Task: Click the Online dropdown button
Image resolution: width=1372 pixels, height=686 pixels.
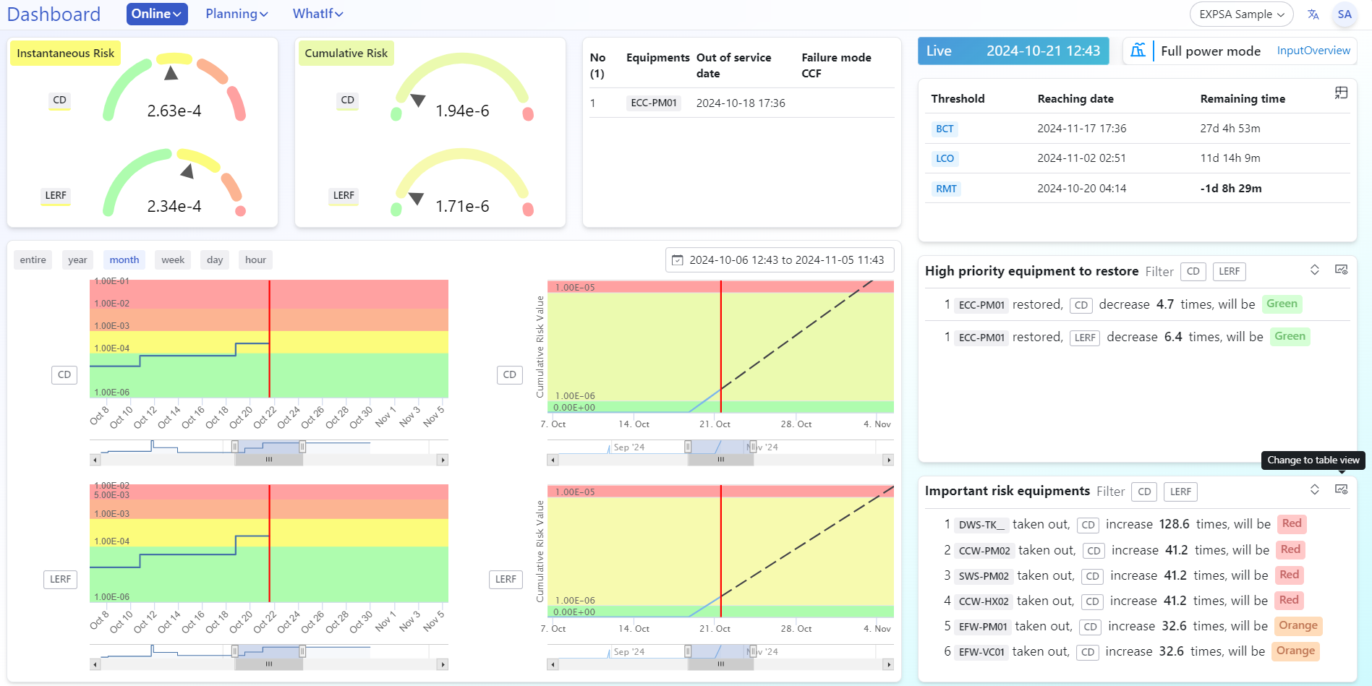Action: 156,14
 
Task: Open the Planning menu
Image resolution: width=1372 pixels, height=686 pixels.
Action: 237,14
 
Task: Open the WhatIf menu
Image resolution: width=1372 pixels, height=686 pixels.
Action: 318,14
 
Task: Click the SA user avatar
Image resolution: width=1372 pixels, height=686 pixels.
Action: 1344,14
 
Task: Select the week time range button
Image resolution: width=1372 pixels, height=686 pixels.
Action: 173,260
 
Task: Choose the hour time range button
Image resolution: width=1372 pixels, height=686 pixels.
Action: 255,260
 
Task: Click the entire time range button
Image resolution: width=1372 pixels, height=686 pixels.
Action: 33,260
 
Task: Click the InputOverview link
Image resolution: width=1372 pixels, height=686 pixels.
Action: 1313,51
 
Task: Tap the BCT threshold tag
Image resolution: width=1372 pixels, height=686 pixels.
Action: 945,129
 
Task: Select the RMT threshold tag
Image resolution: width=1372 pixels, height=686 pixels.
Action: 946,189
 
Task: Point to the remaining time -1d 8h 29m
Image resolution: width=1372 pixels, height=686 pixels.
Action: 1230,189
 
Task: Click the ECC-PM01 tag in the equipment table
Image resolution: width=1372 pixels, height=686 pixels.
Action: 653,103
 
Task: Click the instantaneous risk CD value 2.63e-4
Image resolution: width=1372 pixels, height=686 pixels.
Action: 174,111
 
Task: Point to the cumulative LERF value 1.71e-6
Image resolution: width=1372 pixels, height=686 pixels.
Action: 462,206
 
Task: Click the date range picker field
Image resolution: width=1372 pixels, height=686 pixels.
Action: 780,260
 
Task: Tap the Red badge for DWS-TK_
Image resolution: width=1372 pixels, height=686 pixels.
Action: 1291,523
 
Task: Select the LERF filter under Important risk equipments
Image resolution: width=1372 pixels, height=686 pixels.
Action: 1180,492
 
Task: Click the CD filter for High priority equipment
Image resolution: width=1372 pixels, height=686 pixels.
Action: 1193,271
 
